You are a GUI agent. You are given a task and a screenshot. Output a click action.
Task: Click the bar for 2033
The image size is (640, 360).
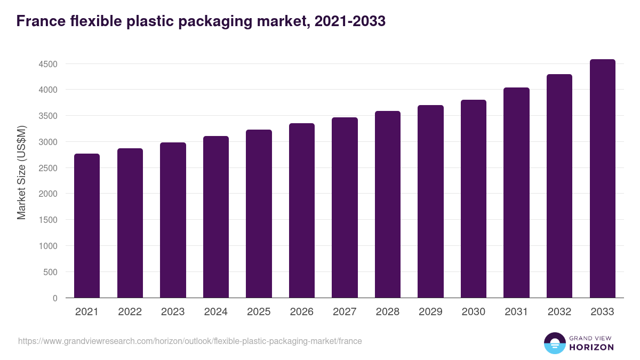(602, 179)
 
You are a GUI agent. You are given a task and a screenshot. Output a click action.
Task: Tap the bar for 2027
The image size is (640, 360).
(345, 207)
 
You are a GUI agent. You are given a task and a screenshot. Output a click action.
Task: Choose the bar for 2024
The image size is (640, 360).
(216, 217)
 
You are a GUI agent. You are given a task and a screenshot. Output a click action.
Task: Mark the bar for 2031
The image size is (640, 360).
(516, 193)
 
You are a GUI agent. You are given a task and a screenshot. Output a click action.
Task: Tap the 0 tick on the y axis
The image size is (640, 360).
(54, 298)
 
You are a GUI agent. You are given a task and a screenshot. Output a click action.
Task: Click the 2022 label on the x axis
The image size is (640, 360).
(130, 312)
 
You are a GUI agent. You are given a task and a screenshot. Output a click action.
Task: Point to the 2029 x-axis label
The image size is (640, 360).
(430, 312)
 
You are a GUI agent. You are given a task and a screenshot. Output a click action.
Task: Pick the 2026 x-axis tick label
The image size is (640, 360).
(301, 312)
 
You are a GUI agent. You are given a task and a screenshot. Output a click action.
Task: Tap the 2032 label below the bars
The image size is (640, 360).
(559, 312)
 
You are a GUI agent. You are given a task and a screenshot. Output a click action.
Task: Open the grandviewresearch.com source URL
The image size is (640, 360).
(190, 341)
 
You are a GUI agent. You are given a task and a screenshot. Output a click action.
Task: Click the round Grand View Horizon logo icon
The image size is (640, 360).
(554, 343)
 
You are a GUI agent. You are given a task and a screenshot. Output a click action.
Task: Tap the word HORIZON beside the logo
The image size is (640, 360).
(591, 347)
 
